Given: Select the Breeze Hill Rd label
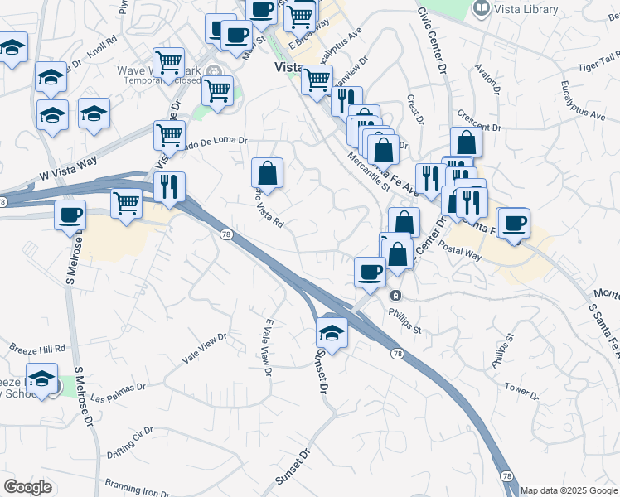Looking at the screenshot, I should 37,349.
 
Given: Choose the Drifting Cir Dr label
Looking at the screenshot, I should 131,453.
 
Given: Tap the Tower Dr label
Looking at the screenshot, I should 521,388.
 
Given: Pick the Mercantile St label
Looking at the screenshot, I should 369,170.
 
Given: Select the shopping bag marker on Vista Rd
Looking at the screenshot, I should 267,173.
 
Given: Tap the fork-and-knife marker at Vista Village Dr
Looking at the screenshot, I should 169,187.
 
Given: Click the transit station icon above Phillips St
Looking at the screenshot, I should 396,295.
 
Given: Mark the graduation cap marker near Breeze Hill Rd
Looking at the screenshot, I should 41,379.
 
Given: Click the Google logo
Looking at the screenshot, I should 27,487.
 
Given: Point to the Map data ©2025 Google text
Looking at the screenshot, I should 568,490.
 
